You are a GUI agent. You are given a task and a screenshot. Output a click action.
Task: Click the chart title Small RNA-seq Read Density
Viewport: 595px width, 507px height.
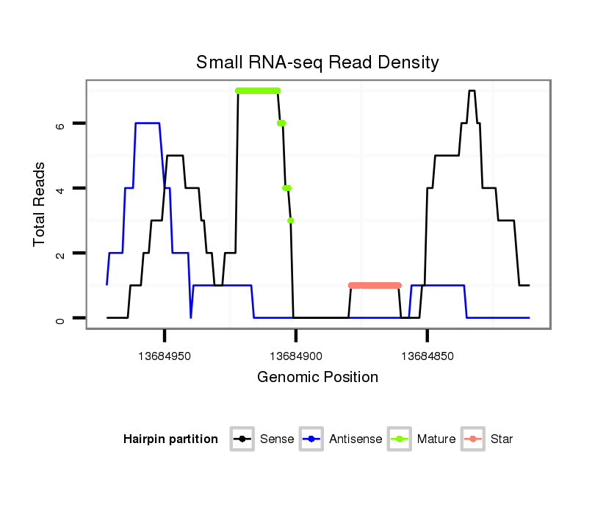click(x=317, y=62)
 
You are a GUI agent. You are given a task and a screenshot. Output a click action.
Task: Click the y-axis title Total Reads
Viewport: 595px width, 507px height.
click(x=41, y=204)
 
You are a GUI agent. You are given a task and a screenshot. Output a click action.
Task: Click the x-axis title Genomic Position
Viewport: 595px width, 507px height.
click(x=317, y=378)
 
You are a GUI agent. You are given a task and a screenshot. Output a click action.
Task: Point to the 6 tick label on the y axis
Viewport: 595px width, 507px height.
click(x=60, y=124)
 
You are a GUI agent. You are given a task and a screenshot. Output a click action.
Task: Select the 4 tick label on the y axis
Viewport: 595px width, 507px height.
click(x=60, y=189)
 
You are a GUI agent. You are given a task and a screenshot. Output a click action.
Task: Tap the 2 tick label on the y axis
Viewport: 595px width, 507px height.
click(x=60, y=253)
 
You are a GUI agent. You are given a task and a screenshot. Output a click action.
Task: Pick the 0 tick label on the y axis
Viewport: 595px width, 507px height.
click(x=60, y=318)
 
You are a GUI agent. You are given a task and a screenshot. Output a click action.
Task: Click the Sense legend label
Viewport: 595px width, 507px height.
click(x=277, y=439)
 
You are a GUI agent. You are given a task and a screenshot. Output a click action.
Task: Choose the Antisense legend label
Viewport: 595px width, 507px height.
click(x=356, y=439)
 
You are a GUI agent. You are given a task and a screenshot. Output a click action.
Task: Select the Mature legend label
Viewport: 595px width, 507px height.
click(x=436, y=439)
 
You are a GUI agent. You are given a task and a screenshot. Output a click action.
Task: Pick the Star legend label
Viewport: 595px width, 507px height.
click(x=501, y=439)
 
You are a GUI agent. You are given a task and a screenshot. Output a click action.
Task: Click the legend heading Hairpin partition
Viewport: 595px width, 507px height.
click(x=170, y=439)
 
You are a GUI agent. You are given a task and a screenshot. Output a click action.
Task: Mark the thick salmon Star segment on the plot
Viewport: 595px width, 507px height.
click(x=375, y=285)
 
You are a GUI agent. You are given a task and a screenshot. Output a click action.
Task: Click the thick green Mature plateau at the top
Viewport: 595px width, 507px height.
click(x=258, y=90)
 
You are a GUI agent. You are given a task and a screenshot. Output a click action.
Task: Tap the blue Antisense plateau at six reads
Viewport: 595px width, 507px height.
click(x=148, y=123)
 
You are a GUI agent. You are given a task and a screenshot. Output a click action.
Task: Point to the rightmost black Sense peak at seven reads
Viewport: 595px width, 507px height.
click(x=472, y=91)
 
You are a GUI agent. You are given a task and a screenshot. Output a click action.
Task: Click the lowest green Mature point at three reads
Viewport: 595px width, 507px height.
click(x=291, y=220)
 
